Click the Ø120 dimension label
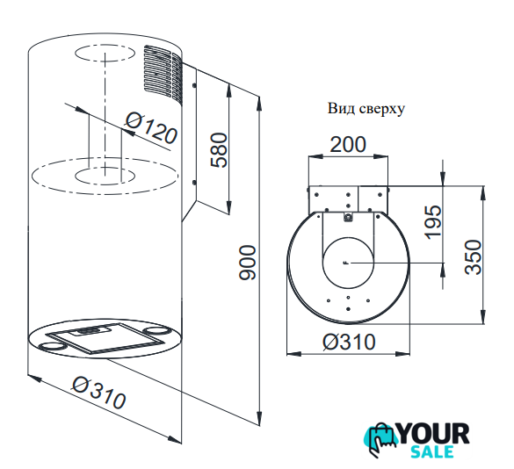pyautogui.click(x=151, y=128)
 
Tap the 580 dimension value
pyautogui.click(x=219, y=150)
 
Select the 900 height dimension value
pyautogui.click(x=247, y=263)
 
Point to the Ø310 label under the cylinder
pyautogui.click(x=98, y=393)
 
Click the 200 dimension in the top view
pyautogui.click(x=347, y=145)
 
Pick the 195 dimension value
pyautogui.click(x=432, y=222)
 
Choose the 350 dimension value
pyautogui.click(x=474, y=257)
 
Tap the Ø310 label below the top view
pyautogui.click(x=349, y=342)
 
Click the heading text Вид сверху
pyautogui.click(x=366, y=109)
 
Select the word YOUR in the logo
pyautogui.click(x=433, y=434)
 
